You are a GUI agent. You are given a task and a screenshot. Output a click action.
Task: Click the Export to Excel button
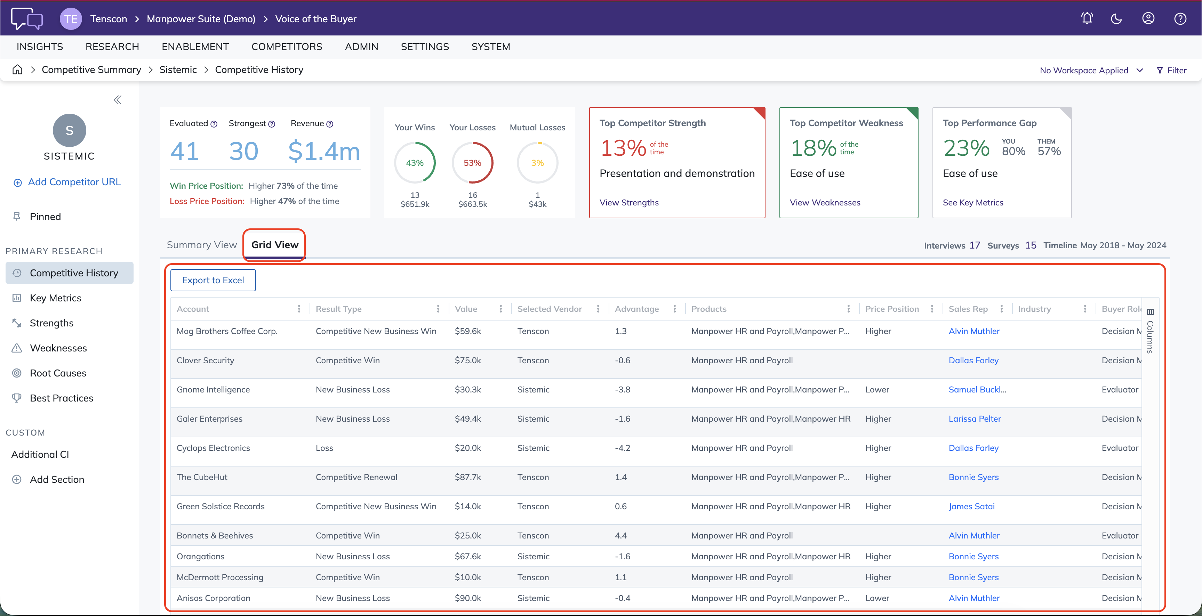tap(213, 280)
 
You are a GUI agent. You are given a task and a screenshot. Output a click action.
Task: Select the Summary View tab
tap(202, 245)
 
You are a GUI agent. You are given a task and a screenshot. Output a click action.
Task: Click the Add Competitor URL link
tap(74, 182)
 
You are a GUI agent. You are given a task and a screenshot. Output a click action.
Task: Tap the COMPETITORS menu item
tap(287, 47)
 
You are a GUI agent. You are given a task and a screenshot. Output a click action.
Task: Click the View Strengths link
tap(629, 202)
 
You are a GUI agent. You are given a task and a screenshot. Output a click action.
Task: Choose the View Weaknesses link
tap(825, 202)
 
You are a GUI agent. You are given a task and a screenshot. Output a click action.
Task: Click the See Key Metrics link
tap(973, 202)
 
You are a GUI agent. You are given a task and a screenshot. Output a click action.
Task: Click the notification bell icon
tap(1087, 19)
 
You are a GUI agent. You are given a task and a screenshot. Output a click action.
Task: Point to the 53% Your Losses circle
tap(472, 163)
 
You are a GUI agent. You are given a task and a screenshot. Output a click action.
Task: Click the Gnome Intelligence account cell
tap(213, 389)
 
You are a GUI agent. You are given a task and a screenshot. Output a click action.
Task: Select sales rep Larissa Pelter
tap(974, 419)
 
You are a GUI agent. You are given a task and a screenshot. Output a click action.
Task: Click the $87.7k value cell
tap(467, 477)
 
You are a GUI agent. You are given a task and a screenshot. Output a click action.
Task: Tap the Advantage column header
tap(636, 309)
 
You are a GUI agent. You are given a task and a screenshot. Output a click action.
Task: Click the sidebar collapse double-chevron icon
tap(118, 99)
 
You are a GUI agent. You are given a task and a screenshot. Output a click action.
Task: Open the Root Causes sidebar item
tap(58, 373)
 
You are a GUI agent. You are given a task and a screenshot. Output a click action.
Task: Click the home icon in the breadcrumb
tap(17, 70)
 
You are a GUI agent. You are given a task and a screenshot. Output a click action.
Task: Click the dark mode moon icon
tap(1116, 19)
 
